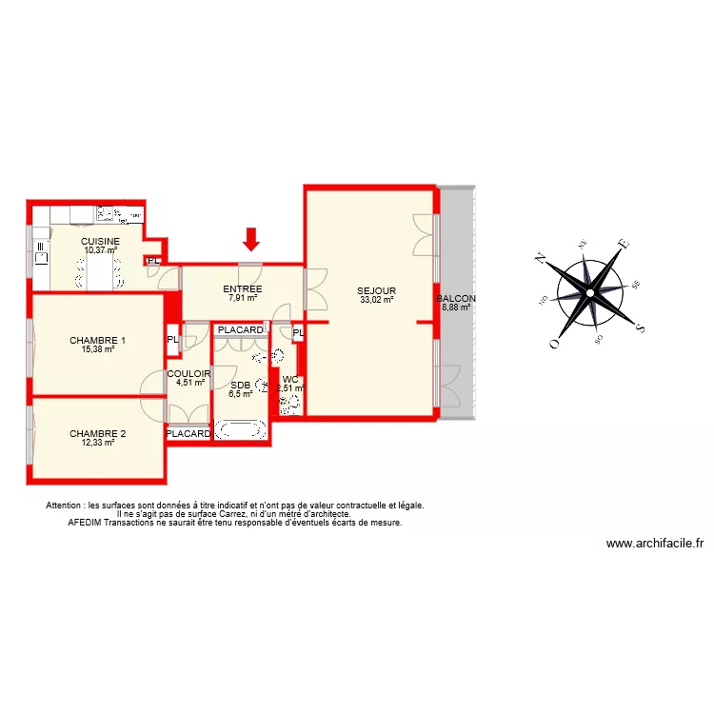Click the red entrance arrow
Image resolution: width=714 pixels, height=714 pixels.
tap(251, 240)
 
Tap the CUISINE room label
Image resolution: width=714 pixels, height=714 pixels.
tap(100, 242)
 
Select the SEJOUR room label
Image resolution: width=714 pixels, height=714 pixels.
tap(376, 291)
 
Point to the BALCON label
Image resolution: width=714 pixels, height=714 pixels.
tap(456, 298)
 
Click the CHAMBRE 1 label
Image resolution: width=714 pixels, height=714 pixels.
tap(97, 341)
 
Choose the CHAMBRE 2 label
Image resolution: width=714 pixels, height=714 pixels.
tap(97, 434)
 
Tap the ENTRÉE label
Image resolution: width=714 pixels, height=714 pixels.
tap(243, 289)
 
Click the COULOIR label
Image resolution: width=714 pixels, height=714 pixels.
tap(188, 374)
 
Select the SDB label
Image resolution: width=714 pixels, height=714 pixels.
tap(239, 386)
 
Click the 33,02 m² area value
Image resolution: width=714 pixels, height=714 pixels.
tap(377, 300)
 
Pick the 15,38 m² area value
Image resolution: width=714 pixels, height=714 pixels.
tap(97, 349)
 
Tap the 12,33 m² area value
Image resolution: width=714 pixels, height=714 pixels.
tap(97, 443)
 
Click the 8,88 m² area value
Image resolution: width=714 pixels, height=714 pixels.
tap(457, 307)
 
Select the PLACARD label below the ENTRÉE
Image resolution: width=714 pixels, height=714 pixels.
tap(240, 330)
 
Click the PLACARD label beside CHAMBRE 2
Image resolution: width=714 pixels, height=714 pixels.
tap(188, 434)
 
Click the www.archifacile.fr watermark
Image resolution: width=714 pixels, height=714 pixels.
tap(655, 544)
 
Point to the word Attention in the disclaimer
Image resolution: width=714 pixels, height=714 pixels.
tap(65, 506)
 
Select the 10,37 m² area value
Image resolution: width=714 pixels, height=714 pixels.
tap(100, 250)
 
